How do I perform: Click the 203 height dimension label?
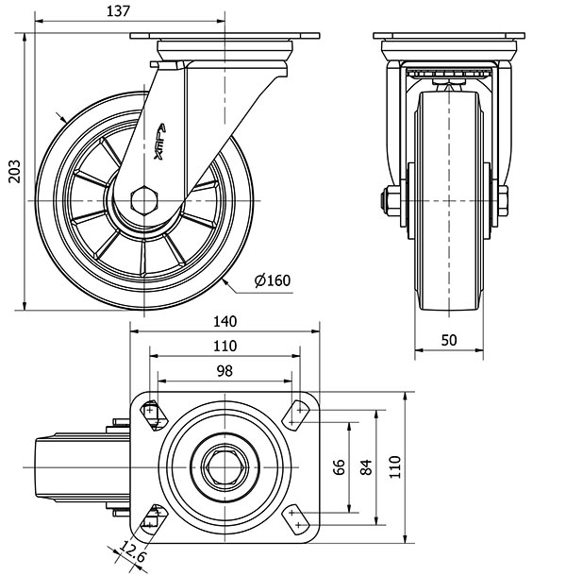coord(11,170)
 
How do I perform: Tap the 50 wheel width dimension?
coord(451,340)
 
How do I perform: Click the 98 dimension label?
coord(225,371)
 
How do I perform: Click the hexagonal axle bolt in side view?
coord(145,200)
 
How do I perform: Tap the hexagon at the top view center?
coord(225,463)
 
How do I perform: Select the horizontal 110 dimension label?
coord(225,347)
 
